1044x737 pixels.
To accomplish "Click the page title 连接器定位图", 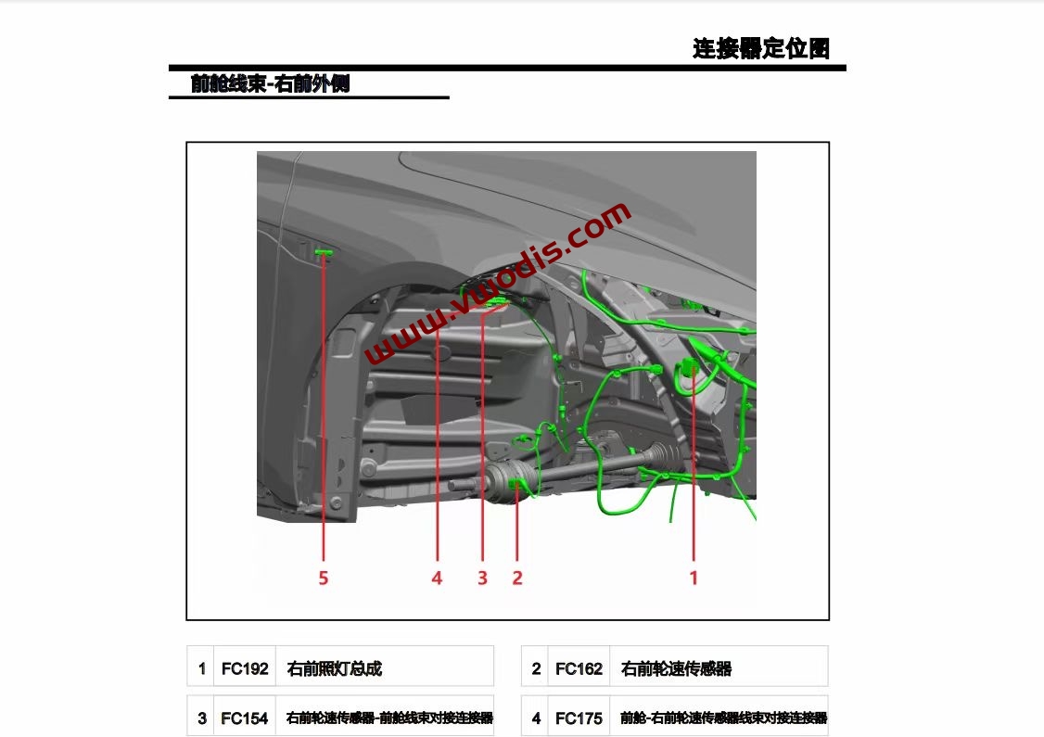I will tap(760, 49).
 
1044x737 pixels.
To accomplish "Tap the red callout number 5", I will tap(324, 578).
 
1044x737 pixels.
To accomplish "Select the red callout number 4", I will tap(437, 578).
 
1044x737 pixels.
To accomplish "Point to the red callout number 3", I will tap(482, 578).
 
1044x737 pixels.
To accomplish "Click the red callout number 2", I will tap(517, 578).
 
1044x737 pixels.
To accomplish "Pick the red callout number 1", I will tap(693, 578).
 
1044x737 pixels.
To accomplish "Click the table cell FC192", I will tap(245, 668).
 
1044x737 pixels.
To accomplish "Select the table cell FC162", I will tap(579, 668).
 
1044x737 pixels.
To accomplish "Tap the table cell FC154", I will tap(245, 718).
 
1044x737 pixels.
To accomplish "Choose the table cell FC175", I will tap(579, 718).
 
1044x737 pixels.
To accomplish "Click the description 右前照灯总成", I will tap(335, 668).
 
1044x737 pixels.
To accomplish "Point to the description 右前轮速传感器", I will tap(676, 668).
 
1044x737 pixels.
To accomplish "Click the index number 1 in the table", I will tap(201, 668).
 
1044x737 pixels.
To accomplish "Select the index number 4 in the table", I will tap(536, 718).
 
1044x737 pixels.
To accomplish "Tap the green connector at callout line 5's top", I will tap(324, 252).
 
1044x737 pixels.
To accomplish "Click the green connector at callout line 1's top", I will tap(691, 366).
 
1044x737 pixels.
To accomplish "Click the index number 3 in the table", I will tap(201, 718).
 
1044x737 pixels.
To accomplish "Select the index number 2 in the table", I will tap(536, 668).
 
